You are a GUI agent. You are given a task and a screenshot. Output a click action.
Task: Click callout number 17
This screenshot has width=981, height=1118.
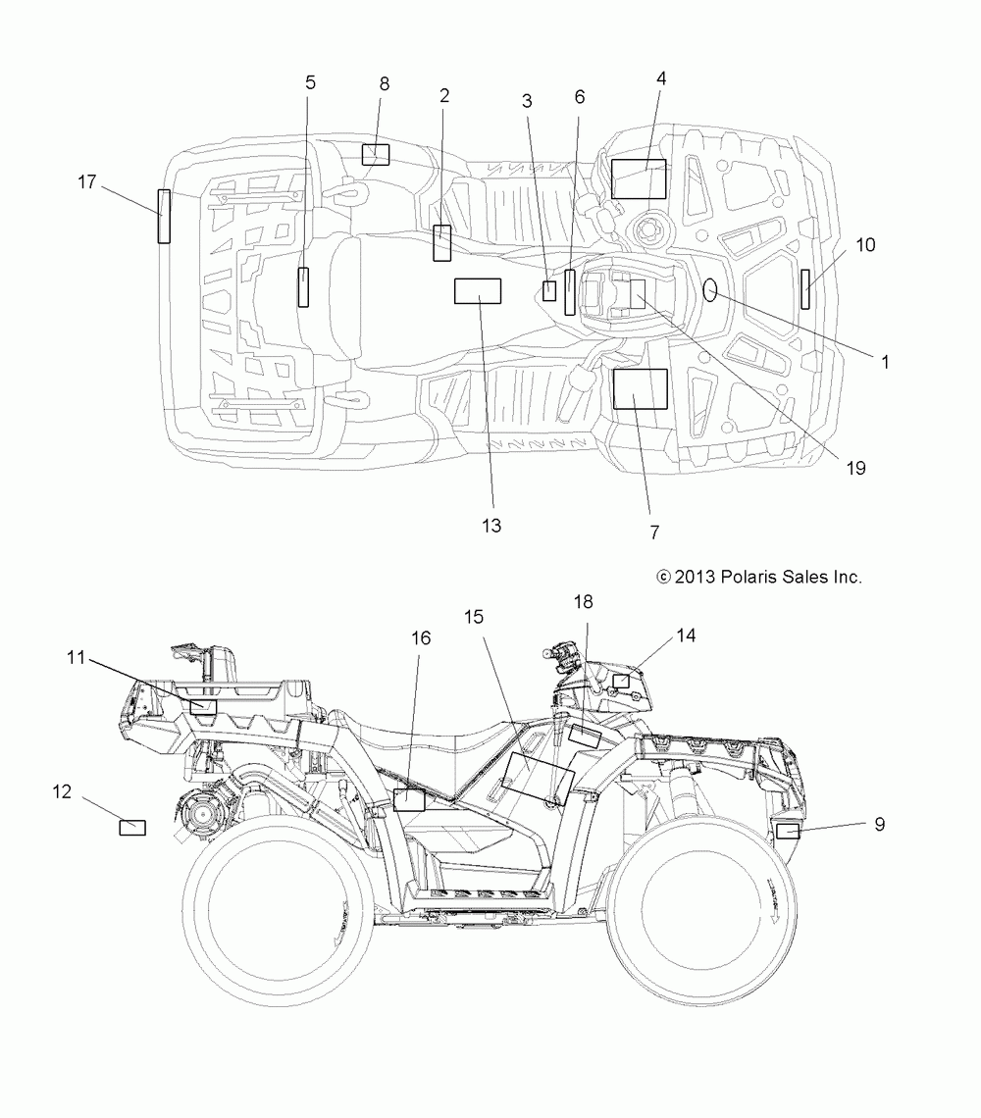[87, 182]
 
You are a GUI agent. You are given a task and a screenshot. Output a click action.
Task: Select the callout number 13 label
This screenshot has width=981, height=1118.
[491, 526]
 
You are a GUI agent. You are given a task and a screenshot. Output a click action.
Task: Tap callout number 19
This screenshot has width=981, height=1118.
[856, 468]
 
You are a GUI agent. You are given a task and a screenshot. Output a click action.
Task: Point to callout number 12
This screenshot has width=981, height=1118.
[62, 791]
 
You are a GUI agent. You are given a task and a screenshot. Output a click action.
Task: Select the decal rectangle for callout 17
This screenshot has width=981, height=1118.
[164, 216]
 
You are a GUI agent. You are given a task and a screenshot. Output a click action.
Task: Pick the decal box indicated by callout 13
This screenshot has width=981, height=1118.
[478, 291]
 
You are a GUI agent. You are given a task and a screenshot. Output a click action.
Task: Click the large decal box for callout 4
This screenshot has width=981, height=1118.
[639, 178]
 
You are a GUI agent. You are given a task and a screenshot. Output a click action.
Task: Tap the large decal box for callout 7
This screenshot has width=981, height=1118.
[641, 389]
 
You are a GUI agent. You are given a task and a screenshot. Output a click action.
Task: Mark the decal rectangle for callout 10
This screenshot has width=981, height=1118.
[805, 289]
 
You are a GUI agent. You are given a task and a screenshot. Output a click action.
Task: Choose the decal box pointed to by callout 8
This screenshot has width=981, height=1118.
[376, 155]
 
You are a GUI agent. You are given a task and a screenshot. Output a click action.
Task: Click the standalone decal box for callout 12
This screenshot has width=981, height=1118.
[132, 827]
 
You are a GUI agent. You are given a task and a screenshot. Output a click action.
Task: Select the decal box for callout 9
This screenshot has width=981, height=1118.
[788, 831]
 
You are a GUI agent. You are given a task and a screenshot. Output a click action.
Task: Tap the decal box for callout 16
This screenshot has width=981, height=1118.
[409, 800]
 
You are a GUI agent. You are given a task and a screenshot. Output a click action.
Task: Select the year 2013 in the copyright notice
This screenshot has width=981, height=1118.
[695, 577]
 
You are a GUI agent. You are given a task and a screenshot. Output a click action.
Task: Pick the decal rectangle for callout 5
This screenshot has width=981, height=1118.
[303, 287]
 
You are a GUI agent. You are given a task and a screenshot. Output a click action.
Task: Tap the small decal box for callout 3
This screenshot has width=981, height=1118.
[549, 291]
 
